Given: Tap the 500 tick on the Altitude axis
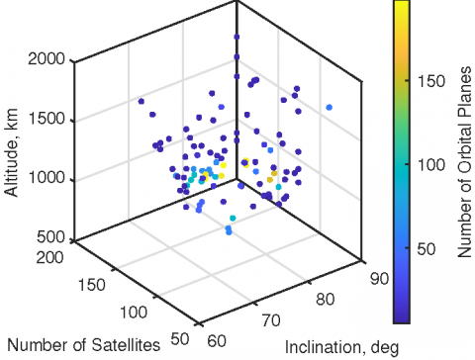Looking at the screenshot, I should tap(55, 238).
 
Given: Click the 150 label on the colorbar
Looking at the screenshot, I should tap(429, 83).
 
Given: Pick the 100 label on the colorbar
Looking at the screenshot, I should tap(429, 167).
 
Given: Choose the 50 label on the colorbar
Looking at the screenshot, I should tap(427, 251).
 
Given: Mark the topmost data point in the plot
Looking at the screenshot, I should tap(237, 37).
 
